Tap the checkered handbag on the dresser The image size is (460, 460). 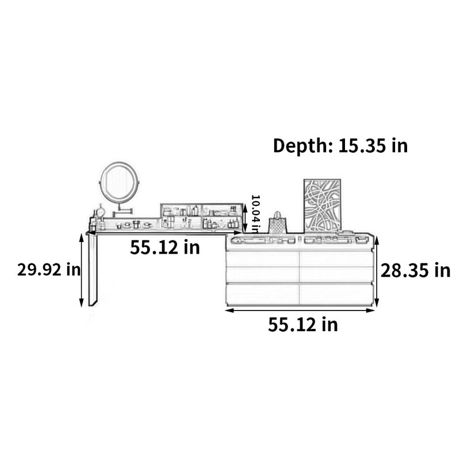click(277, 223)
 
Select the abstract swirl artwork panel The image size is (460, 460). click(322, 205)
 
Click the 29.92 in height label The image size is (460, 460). click(49, 269)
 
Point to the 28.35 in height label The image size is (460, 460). click(415, 270)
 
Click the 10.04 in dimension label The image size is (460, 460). click(255, 213)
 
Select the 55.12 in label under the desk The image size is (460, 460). click(165, 247)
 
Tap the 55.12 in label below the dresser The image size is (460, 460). click(303, 324)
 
